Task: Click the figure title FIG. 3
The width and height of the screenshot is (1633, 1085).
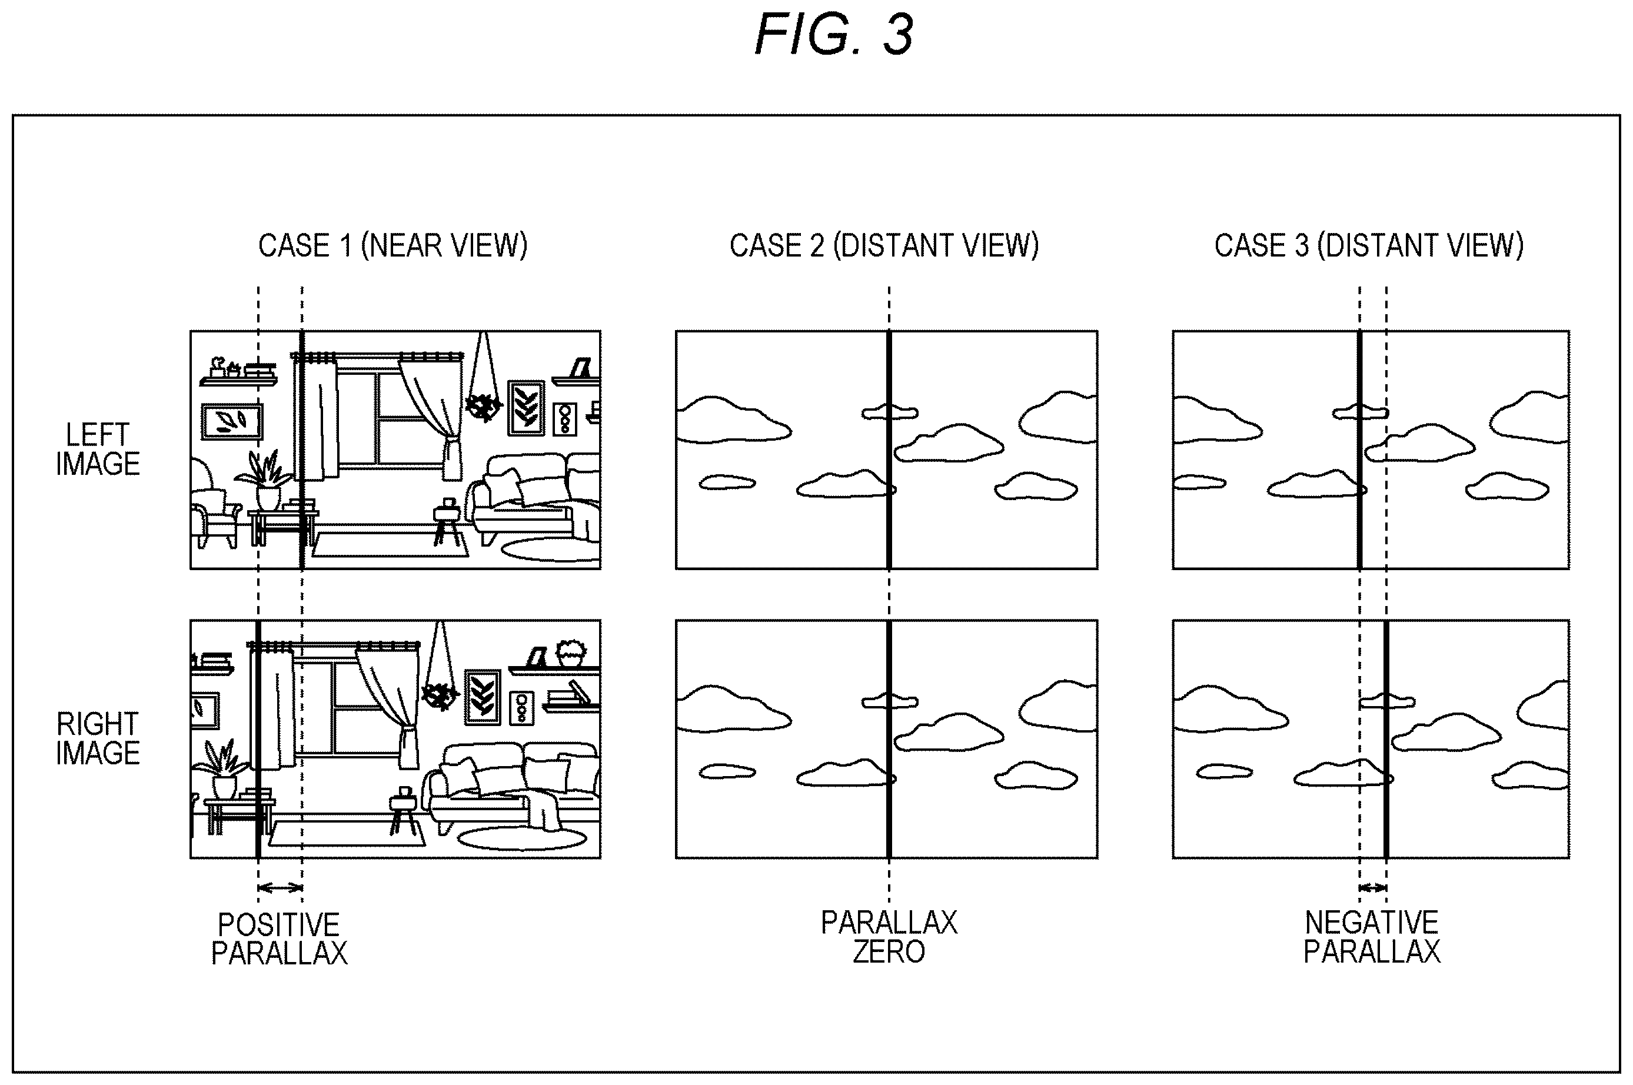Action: pos(834,34)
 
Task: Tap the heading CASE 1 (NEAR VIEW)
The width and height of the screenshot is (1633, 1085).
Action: pos(393,245)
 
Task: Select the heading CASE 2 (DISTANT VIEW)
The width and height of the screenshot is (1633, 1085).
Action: pos(884,245)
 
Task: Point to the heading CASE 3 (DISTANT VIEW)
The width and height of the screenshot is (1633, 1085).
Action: pos(1369,245)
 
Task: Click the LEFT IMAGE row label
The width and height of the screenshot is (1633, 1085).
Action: pos(98,449)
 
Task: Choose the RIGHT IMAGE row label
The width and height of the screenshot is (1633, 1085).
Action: pos(98,738)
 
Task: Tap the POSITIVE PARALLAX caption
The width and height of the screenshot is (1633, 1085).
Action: pos(279,939)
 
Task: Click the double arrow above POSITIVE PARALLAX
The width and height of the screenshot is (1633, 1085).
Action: pos(280,888)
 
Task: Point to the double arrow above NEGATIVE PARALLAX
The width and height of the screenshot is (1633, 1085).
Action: pos(1373,888)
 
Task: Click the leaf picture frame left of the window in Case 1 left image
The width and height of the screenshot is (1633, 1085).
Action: pos(232,421)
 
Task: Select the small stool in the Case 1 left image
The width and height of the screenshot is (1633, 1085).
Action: pos(448,522)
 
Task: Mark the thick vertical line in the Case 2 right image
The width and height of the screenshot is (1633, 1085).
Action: pos(889,739)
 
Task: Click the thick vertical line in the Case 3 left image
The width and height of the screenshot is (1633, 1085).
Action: pos(1360,450)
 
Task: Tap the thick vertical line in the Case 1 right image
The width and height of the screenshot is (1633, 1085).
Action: pos(258,739)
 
